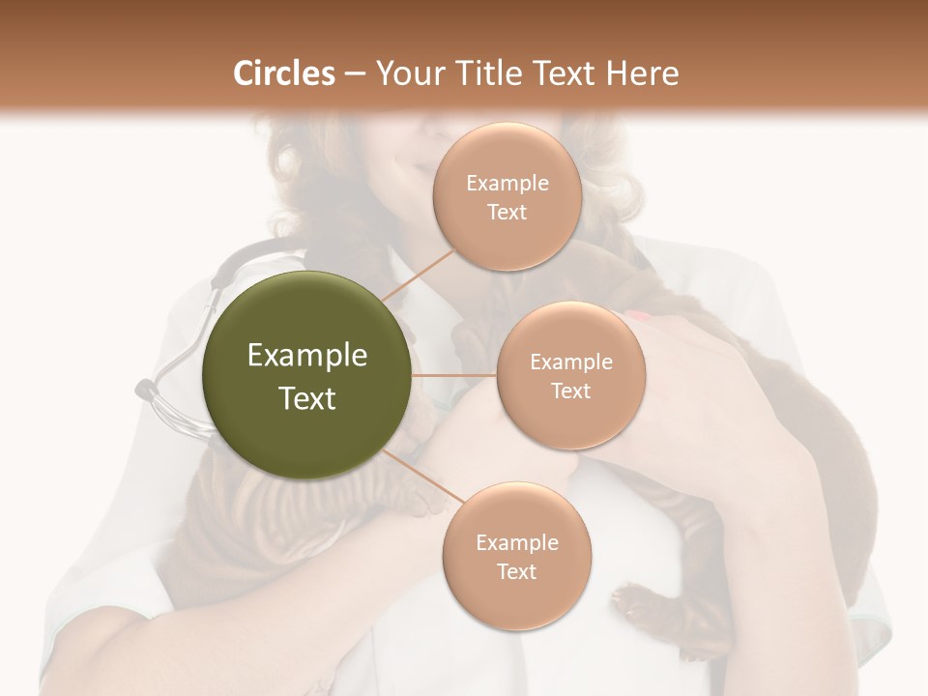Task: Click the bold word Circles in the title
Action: tap(284, 73)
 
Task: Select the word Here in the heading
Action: tap(643, 73)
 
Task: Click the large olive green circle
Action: tap(307, 375)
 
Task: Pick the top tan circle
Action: tap(507, 197)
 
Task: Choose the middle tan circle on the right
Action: tap(571, 376)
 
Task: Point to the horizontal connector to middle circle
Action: tap(454, 375)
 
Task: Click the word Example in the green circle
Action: tap(307, 356)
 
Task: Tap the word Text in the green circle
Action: tap(307, 398)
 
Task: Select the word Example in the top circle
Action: tap(507, 184)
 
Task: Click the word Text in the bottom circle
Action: tap(516, 571)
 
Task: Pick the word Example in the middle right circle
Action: tap(571, 362)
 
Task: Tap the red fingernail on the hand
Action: tap(639, 315)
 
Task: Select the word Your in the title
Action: tap(406, 73)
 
